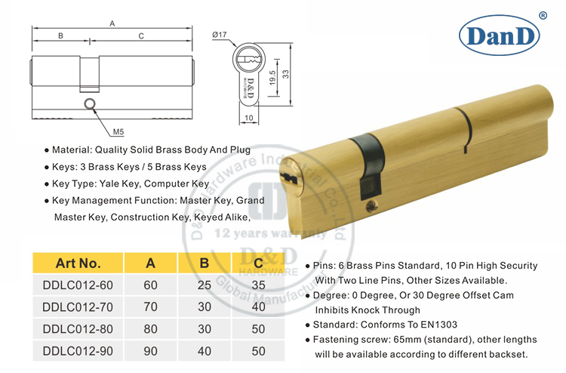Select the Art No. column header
click(x=78, y=264)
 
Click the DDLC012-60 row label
click(x=78, y=286)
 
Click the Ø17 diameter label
click(x=220, y=34)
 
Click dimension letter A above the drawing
click(x=112, y=23)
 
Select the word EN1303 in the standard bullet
click(x=437, y=325)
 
